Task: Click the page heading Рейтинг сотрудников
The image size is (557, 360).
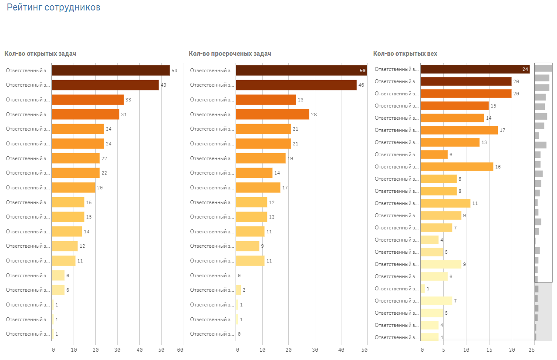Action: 54,7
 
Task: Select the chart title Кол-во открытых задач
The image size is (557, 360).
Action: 40,54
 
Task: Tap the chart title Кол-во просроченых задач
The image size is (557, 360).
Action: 230,54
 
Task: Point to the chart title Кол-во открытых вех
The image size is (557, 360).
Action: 405,54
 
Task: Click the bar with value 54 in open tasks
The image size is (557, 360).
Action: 111,71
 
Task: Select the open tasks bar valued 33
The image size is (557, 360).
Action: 88,100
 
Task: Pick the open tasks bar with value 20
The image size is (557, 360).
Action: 74,188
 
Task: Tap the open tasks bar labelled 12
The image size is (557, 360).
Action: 65,246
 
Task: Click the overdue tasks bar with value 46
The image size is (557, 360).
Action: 296,85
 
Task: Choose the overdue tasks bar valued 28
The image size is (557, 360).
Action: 273,114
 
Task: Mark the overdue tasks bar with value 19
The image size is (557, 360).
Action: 261,158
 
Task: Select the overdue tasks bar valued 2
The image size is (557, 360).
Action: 239,290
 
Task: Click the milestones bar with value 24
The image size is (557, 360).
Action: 475,69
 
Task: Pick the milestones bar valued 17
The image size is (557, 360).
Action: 459,130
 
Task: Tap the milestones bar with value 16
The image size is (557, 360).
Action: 457,167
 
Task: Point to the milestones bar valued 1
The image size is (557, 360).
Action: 423,289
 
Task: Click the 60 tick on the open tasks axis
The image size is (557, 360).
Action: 180,350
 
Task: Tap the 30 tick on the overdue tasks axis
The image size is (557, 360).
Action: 315,350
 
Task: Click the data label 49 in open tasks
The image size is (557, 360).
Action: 163,85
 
